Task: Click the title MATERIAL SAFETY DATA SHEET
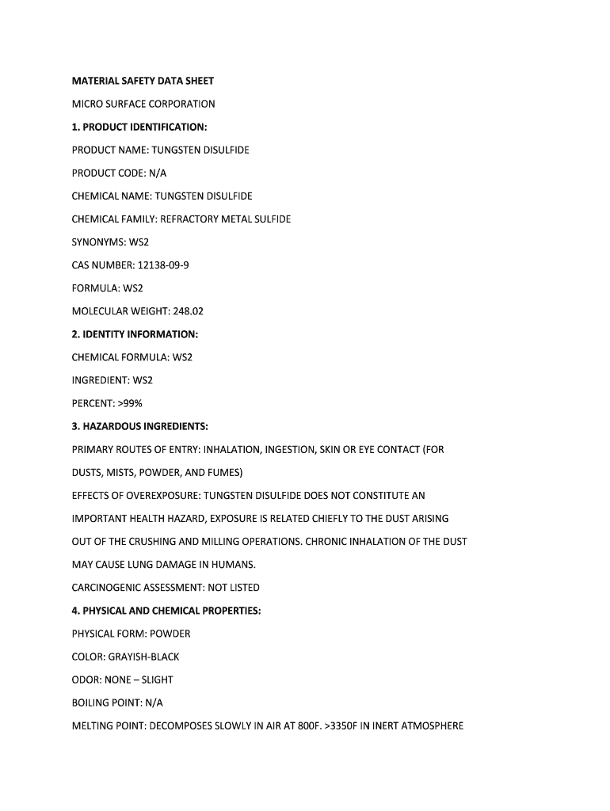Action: point(143,81)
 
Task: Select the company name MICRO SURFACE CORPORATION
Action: point(143,104)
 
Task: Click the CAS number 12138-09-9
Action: point(162,265)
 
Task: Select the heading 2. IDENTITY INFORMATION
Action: point(135,334)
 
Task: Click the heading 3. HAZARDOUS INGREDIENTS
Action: point(140,426)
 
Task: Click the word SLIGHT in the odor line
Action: point(157,680)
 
